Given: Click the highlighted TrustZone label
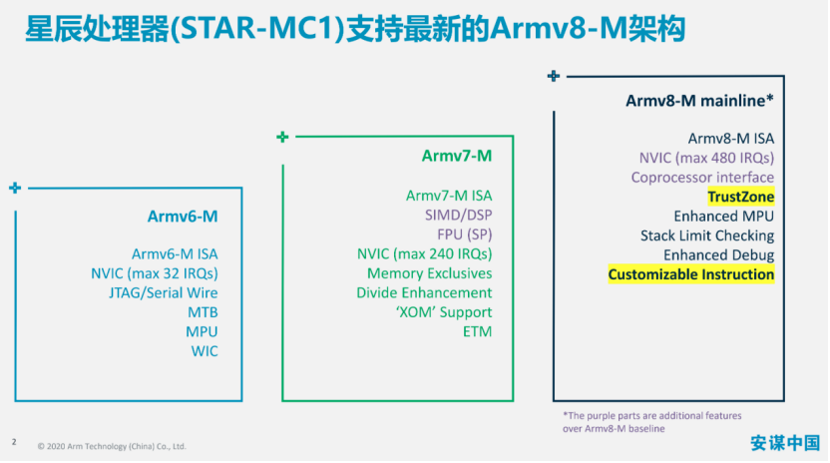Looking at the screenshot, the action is coord(741,197).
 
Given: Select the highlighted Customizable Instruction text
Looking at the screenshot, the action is coord(690,274).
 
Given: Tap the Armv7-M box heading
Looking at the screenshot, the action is coord(456,156).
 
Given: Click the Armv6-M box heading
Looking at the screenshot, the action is coord(183,217).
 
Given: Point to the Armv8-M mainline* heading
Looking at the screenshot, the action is coord(699,101).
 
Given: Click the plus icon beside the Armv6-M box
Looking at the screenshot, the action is coord(15,188).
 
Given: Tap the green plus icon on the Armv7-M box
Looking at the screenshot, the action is coord(282,138).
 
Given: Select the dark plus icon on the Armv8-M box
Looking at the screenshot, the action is coord(553,76).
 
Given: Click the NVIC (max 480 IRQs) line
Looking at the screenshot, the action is coord(706,158).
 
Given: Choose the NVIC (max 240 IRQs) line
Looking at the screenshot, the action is coord(425,253).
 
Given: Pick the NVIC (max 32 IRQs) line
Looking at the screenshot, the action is coord(155,273).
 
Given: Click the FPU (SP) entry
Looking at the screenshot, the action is coord(465,234).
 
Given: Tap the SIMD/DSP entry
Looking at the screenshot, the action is coord(459,216).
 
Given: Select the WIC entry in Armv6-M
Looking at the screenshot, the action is coord(205,351).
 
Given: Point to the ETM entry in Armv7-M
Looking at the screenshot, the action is coord(478,331).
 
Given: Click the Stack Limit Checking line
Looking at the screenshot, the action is coord(707,235).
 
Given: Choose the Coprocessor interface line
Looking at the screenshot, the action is coord(702,178).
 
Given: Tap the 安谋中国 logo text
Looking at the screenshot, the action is coord(785,443).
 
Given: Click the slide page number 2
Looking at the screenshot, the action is coord(14,442).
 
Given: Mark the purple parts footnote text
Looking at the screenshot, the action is coord(652,422).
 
